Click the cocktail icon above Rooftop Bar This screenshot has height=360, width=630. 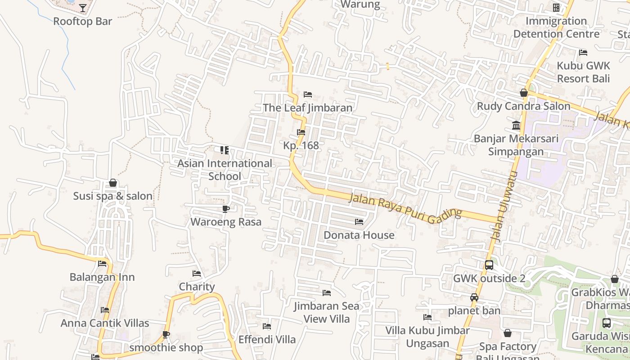click(83, 8)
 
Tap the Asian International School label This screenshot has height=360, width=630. click(225, 170)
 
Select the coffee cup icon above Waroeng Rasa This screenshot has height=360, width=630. click(226, 209)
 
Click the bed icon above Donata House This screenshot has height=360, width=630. click(359, 222)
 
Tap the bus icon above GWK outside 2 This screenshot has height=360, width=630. click(489, 265)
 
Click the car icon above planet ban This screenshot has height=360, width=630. click(474, 297)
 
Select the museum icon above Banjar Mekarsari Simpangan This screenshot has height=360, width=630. click(516, 125)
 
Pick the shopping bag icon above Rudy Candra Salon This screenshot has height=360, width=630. click(524, 93)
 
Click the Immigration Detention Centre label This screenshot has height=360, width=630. click(556, 27)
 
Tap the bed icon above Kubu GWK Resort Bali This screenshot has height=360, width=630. click(583, 53)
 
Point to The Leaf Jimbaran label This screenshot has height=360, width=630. click(308, 108)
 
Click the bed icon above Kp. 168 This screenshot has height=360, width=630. click(301, 132)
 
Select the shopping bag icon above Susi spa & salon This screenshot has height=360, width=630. click(113, 183)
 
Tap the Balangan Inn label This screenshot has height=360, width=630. click(102, 277)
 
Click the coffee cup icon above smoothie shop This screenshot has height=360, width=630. click(166, 334)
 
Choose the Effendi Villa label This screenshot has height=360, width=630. click(267, 339)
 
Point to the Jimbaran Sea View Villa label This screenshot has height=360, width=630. click(327, 312)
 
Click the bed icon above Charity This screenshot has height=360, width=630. click(197, 274)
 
